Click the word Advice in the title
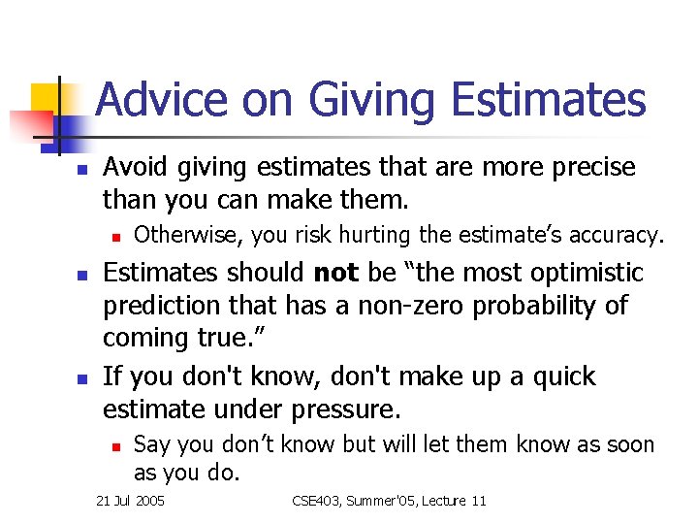point(159,100)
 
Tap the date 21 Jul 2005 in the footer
point(131,501)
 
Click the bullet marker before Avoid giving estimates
point(82,169)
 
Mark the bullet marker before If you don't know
point(82,377)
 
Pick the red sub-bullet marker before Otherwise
point(114,236)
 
